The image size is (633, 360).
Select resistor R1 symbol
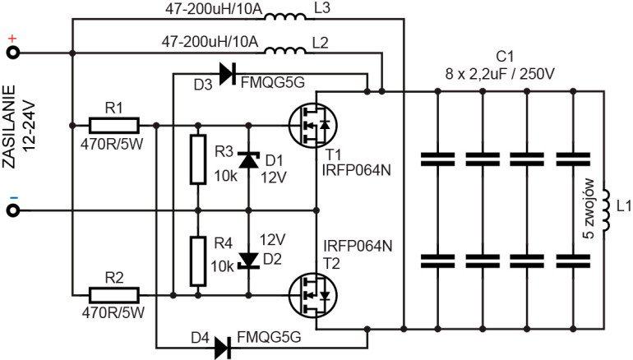click(114, 126)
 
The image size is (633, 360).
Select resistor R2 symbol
click(114, 293)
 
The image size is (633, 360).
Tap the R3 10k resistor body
click(197, 160)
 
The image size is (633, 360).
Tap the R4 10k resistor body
click(197, 261)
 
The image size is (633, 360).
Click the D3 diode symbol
click(224, 75)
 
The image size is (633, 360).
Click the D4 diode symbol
click(222, 348)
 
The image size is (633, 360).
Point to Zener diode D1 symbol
click(247, 159)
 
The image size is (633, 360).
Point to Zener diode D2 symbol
click(247, 261)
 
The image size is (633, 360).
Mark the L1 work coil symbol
click(605, 211)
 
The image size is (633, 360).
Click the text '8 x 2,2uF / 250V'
click(501, 73)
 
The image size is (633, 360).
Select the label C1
click(504, 58)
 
